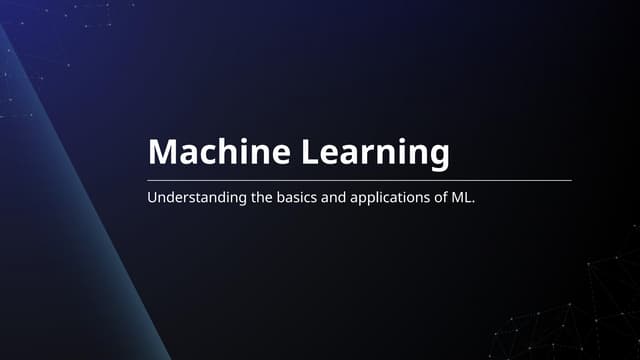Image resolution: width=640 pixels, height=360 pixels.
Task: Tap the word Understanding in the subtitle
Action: pyautogui.click(x=196, y=198)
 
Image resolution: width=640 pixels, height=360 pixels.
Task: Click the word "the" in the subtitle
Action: pyautogui.click(x=262, y=198)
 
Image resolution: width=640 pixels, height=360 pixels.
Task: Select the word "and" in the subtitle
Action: pyautogui.click(x=335, y=198)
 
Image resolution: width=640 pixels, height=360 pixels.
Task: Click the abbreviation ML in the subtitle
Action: pyautogui.click(x=464, y=198)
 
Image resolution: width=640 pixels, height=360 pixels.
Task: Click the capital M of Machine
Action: pyautogui.click(x=162, y=153)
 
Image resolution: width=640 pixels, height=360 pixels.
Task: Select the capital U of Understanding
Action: pyautogui.click(x=152, y=198)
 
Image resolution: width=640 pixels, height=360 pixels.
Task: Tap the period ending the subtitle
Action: pyautogui.click(x=475, y=202)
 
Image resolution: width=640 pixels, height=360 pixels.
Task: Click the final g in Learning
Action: pyautogui.click(x=439, y=157)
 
